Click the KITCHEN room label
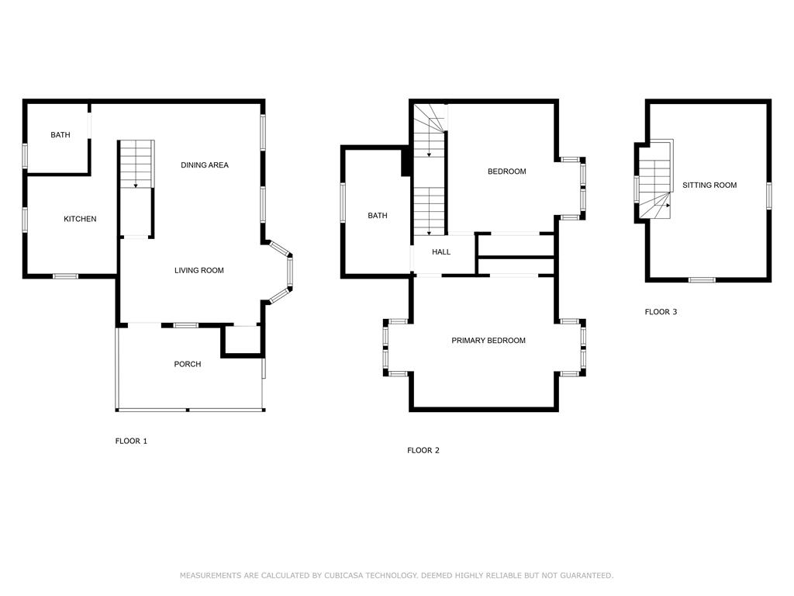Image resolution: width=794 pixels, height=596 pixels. [x=80, y=219]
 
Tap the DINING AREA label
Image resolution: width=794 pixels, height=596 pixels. [x=205, y=165]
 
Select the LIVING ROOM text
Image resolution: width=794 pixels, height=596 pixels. [x=199, y=270]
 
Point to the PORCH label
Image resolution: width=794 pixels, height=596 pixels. [x=188, y=364]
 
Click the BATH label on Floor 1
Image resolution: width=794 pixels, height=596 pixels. [x=60, y=135]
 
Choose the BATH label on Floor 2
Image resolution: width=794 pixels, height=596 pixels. [x=378, y=216]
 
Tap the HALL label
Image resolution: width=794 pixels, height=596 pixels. [x=441, y=252]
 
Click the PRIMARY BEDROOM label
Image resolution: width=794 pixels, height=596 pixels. [x=488, y=341]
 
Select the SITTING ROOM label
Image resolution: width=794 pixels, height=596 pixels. [x=709, y=185]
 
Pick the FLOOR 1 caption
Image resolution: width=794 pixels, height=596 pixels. [x=131, y=441]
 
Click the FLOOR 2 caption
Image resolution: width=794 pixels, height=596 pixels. [x=423, y=450]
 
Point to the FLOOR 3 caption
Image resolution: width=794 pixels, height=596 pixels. [x=661, y=312]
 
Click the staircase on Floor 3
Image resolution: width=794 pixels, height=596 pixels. [x=655, y=180]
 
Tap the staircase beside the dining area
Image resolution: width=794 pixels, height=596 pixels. [x=136, y=165]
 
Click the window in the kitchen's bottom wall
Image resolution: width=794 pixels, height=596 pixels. [x=66, y=276]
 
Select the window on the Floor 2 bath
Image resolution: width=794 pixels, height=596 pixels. [x=343, y=203]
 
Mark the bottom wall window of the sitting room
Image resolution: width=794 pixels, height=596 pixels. [x=702, y=279]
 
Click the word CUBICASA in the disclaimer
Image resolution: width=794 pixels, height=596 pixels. [x=343, y=575]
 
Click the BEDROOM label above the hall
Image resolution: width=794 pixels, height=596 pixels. [x=507, y=172]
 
